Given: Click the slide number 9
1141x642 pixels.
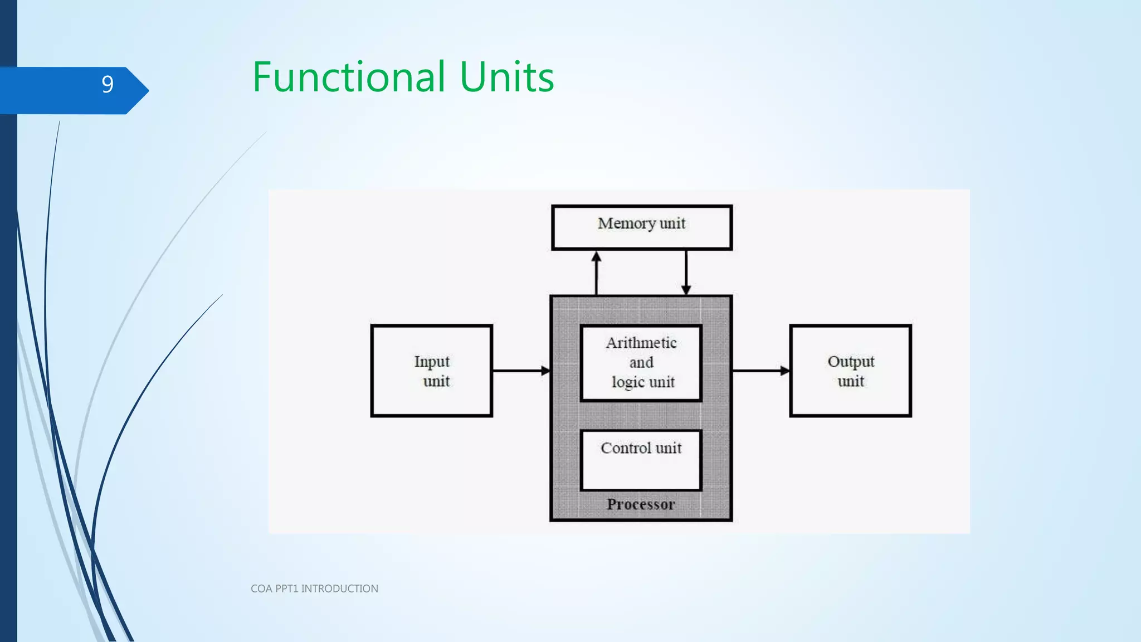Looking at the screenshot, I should (x=108, y=85).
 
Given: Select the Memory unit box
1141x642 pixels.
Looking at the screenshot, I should (x=641, y=227).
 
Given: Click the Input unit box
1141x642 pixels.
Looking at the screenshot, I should (x=431, y=371).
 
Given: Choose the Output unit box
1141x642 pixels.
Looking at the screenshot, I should (x=850, y=371).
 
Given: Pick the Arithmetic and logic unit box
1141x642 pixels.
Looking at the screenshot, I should (x=641, y=363).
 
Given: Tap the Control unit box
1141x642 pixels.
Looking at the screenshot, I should (x=641, y=460).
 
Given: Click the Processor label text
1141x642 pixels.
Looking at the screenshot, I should (x=641, y=504).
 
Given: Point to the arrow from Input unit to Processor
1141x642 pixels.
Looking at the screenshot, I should (x=521, y=371).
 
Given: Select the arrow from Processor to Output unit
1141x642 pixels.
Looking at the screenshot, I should (x=761, y=371).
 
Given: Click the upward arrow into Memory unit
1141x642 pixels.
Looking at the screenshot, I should (x=597, y=273).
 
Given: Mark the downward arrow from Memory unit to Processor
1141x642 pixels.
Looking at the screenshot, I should (x=686, y=273).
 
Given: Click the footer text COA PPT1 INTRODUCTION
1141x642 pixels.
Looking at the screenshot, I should (x=314, y=588).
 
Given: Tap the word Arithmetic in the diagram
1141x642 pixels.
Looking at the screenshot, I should (x=641, y=343).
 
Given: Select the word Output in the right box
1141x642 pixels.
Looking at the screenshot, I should (x=851, y=362).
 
